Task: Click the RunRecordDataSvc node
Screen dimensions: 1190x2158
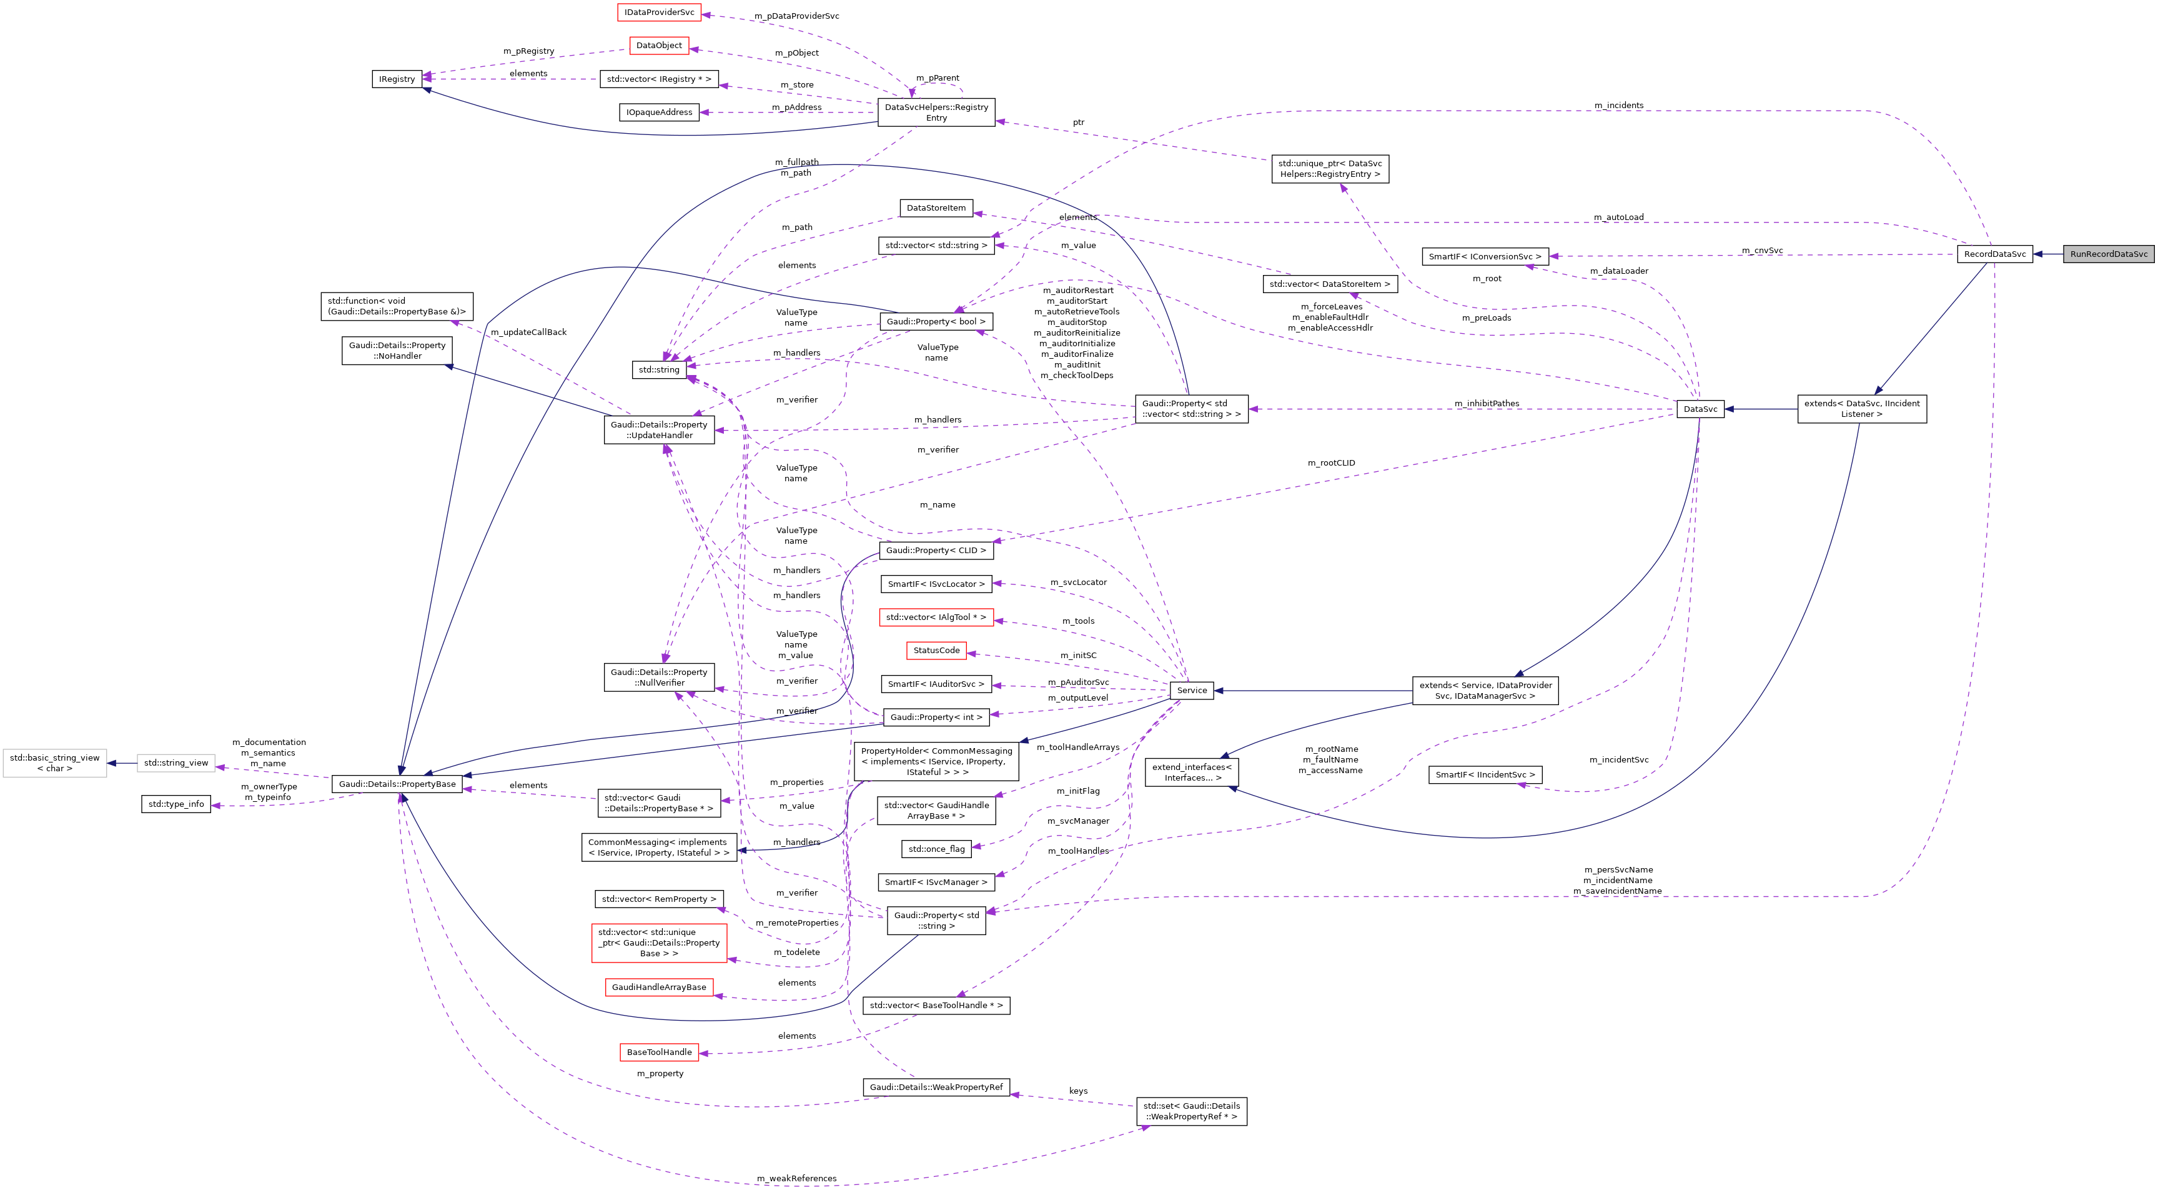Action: pos(2108,254)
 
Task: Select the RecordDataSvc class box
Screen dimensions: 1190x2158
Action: pos(1994,254)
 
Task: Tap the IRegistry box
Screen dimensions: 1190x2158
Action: pos(396,79)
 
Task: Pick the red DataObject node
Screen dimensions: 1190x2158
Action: pos(658,45)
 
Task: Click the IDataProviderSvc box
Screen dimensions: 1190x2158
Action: pos(658,12)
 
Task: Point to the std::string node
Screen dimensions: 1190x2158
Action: pos(658,369)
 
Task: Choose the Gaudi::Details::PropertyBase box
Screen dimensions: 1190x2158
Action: pos(397,784)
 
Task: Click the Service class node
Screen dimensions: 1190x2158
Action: pos(1191,691)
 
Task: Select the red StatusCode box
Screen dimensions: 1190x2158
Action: pos(936,650)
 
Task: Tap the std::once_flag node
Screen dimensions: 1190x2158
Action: pos(936,849)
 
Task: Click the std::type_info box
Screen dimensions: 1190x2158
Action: pos(176,804)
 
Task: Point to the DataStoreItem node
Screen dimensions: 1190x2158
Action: pos(936,208)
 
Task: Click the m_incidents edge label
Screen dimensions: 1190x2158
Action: pos(1618,106)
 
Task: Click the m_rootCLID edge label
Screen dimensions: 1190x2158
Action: pos(1330,463)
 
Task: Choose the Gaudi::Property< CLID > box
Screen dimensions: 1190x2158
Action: pos(936,551)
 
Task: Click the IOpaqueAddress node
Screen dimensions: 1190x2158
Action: pos(658,112)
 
